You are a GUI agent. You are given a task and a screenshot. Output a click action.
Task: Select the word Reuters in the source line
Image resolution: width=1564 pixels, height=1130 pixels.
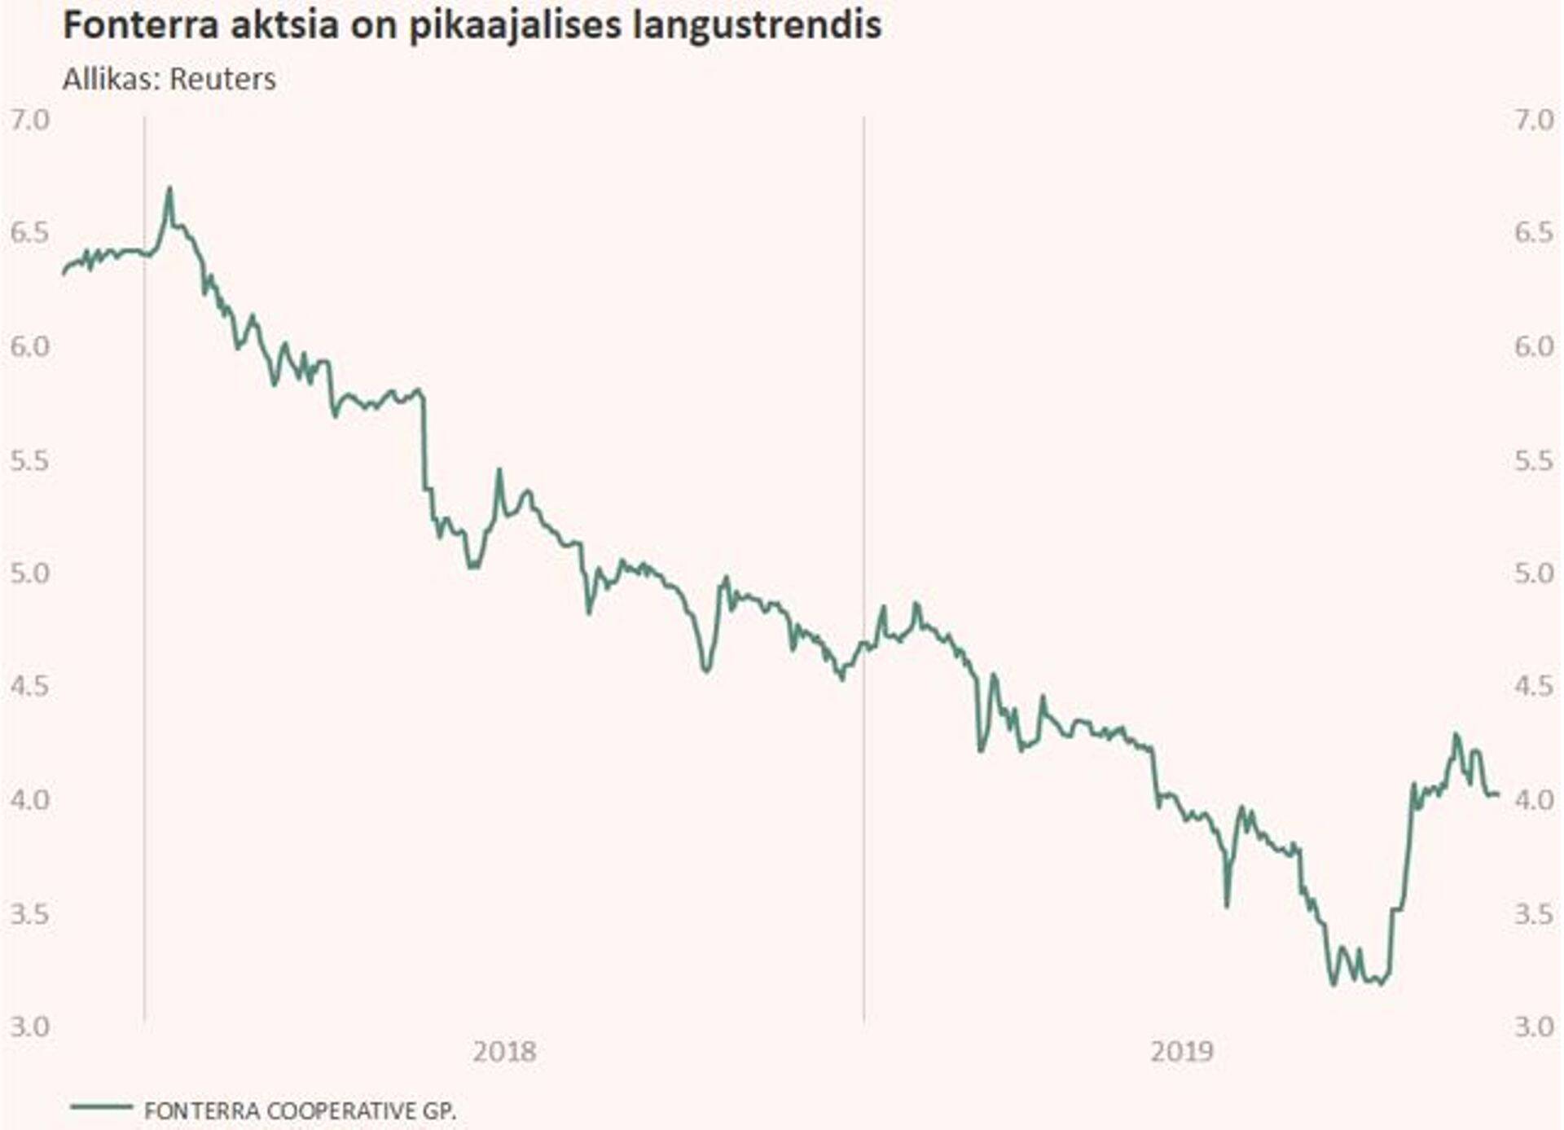tap(222, 79)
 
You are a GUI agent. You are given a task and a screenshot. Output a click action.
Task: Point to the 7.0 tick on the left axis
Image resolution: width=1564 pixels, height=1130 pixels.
tap(29, 120)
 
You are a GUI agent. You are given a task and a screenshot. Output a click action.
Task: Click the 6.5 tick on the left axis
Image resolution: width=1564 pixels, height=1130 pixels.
tap(29, 233)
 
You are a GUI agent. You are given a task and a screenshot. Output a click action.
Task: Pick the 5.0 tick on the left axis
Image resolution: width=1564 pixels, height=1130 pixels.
tap(29, 573)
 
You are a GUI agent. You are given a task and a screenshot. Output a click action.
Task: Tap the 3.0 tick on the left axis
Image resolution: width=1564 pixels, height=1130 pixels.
tap(29, 1027)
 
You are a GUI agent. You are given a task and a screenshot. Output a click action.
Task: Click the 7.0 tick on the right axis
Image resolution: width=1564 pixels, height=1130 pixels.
tap(1534, 120)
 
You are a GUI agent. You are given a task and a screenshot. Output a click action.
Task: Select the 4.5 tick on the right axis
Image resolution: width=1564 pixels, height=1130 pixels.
tap(1534, 686)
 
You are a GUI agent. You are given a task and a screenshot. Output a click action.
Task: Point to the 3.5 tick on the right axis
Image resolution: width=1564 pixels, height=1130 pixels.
tap(1534, 913)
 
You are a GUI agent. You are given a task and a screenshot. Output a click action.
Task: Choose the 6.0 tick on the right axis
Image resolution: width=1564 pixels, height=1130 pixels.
tap(1534, 346)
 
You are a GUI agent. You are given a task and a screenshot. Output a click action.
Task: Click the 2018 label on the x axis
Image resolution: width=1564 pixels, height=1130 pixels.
tap(504, 1052)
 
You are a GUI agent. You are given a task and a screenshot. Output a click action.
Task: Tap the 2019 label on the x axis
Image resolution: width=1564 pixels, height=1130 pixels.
tap(1181, 1052)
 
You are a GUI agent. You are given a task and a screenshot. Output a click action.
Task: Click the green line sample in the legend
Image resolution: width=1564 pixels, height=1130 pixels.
tap(101, 1106)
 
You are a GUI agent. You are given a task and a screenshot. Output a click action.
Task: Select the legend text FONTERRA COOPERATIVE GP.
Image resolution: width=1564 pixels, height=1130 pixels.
tap(300, 1110)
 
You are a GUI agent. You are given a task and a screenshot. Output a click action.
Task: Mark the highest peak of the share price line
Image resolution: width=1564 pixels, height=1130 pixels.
tap(169, 189)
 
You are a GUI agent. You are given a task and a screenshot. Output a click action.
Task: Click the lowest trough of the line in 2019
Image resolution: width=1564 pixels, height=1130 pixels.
tap(1333, 984)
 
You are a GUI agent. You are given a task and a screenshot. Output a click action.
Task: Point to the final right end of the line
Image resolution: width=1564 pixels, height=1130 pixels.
tap(1498, 794)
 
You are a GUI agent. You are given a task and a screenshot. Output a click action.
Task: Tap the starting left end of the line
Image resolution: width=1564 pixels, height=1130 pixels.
tap(64, 275)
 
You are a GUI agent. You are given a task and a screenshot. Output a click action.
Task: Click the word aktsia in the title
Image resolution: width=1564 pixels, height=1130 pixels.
tap(283, 25)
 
